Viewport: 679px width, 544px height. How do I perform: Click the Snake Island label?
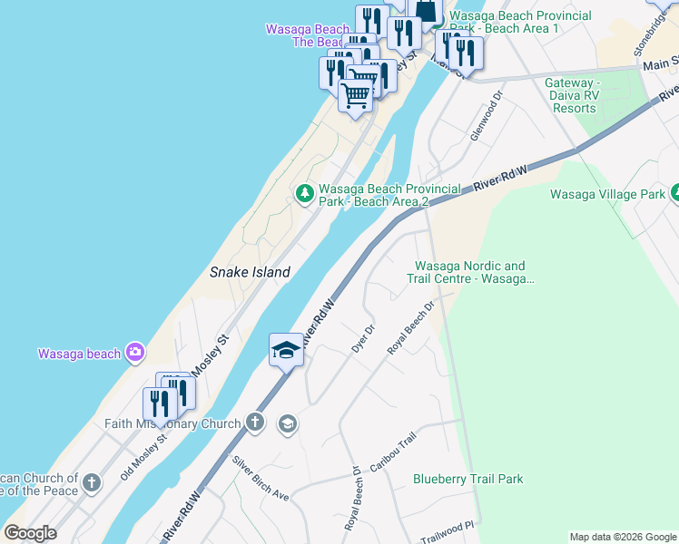[250, 272]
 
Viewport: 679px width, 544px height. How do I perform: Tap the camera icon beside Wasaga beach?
[135, 352]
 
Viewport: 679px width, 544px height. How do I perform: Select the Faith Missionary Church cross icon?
[256, 423]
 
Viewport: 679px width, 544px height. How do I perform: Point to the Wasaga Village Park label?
[607, 194]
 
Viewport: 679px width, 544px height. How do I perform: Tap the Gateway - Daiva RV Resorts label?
[575, 95]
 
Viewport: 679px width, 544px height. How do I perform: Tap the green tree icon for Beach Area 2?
[305, 192]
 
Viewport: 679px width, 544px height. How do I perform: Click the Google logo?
[30, 533]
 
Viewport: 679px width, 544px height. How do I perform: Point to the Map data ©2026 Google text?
[624, 537]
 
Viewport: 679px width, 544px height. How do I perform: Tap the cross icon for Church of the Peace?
[92, 483]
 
